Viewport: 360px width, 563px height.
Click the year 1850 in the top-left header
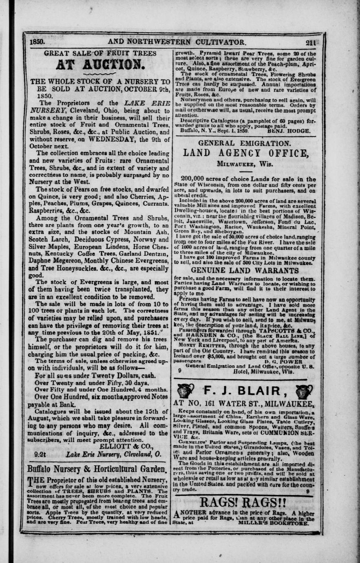(38, 42)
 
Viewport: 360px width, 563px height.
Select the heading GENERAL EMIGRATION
(244, 143)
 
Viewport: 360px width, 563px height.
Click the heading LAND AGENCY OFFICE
(246, 154)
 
